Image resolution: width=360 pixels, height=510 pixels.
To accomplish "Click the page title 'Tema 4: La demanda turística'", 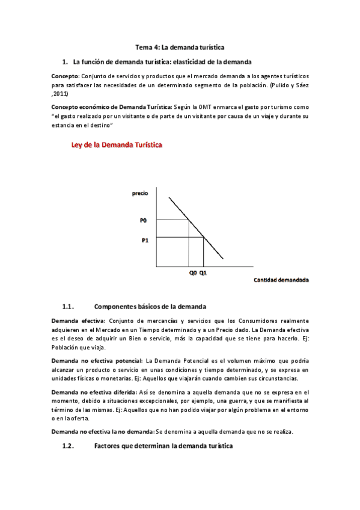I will [180, 47].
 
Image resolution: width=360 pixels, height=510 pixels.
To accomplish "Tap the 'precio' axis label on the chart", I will [140, 193].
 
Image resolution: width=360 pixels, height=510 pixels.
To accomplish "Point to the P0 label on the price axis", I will [143, 220].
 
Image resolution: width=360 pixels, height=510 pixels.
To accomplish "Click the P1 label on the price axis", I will [144, 240].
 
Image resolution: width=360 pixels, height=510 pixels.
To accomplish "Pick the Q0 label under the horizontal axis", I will [192, 272].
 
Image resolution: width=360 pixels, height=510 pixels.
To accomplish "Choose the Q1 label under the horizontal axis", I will [204, 272].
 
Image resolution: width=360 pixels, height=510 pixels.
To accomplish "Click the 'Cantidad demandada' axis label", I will [281, 280].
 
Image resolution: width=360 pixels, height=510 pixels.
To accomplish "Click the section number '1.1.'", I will [67, 306].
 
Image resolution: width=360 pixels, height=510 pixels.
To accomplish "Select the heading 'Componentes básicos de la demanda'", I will [150, 306].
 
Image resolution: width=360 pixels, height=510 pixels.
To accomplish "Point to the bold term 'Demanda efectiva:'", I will [78, 321].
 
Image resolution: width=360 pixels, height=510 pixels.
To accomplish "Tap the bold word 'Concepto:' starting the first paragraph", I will [66, 76].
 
